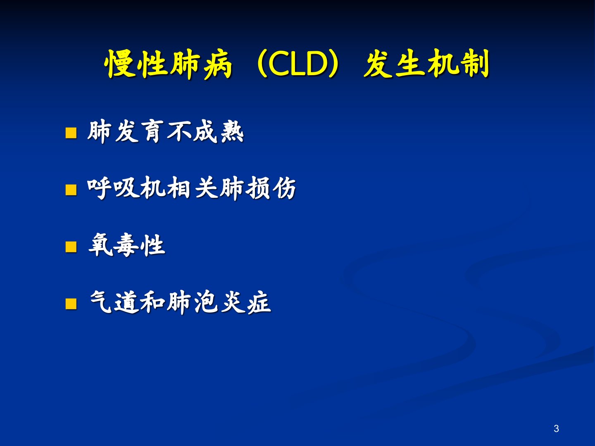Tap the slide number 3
coord(556,429)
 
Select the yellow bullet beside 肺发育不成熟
coord(71,133)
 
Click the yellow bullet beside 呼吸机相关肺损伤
coord(71,190)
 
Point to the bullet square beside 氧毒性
coord(71,247)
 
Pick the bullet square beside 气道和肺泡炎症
coord(71,304)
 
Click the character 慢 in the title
coord(119,64)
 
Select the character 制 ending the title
coord(474,64)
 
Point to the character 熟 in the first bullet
coord(232,132)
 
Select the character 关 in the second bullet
coord(206,188)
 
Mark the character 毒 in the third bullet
coord(126,245)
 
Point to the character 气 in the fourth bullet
coord(101,302)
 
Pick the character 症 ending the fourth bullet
coord(259,302)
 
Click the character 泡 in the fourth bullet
coord(206,302)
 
